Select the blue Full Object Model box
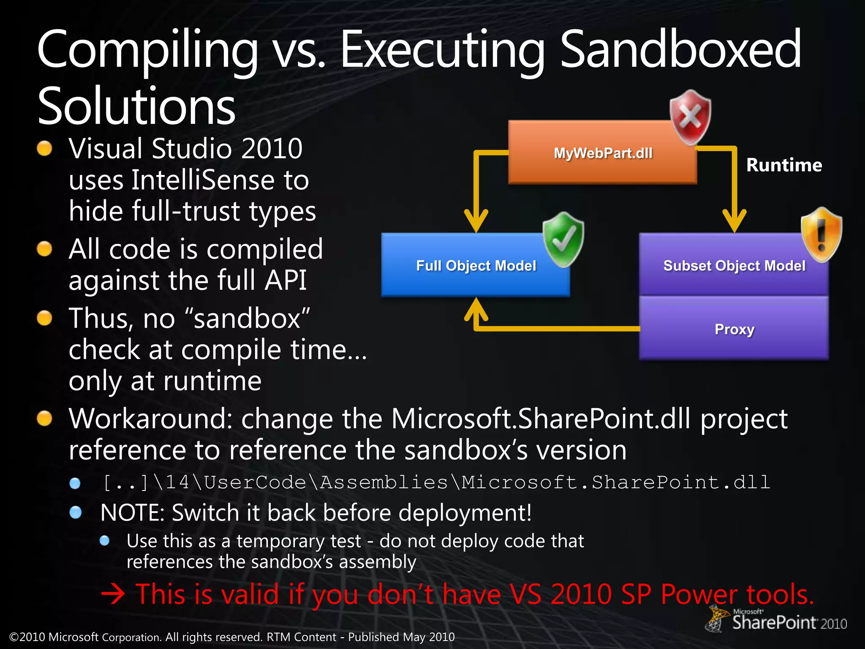click(x=476, y=265)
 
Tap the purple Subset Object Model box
click(x=734, y=265)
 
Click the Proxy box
click(x=734, y=329)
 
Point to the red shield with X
click(x=690, y=117)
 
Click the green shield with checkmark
click(x=563, y=239)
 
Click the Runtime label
click(x=784, y=165)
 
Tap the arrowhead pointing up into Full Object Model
click(x=476, y=308)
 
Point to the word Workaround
click(x=150, y=419)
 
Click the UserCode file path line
click(x=436, y=483)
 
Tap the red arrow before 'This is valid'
click(x=113, y=594)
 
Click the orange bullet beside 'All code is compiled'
click(x=44, y=249)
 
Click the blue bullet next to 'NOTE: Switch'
click(x=76, y=513)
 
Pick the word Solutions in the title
click(x=136, y=106)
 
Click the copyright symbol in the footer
click(x=14, y=637)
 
